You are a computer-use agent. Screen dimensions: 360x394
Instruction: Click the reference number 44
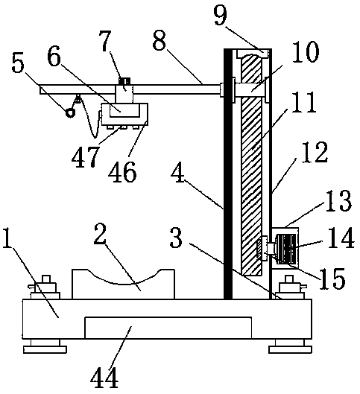pos(104,379)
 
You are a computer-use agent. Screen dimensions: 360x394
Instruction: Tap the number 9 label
pos(221,15)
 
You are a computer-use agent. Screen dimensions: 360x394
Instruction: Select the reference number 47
pos(85,157)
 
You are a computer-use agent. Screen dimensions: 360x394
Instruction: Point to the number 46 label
pos(122,172)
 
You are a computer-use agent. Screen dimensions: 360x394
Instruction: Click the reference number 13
pos(338,200)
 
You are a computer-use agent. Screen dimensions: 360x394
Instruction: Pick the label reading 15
pos(332,278)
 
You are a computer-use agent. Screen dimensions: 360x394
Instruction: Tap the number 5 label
pos(18,63)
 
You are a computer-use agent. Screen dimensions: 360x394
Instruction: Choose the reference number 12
pos(315,152)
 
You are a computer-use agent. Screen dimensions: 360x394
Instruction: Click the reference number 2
pos(100,234)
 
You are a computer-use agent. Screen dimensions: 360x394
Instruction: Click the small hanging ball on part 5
pos(70,112)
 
